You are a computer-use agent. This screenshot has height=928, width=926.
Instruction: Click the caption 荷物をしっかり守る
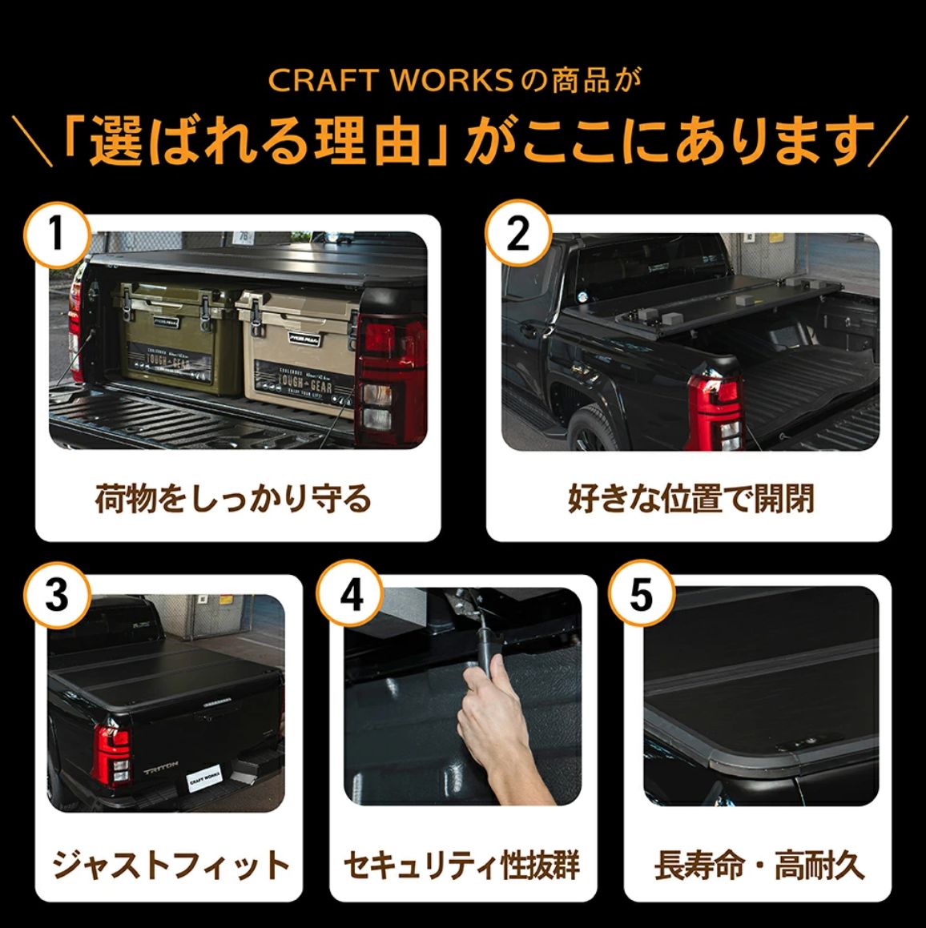(x=233, y=498)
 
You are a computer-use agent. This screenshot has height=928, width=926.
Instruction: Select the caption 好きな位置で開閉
(x=690, y=498)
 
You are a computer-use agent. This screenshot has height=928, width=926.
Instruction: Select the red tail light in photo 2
(x=718, y=410)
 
